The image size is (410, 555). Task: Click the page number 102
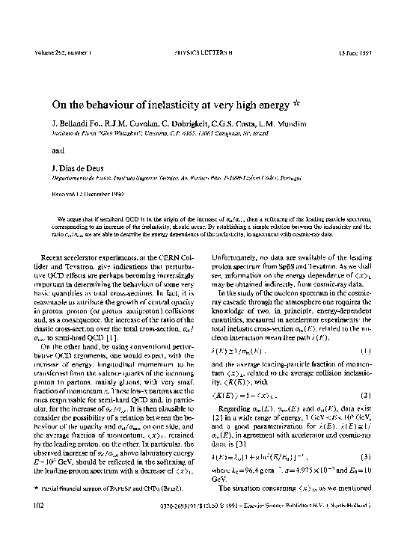38,527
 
